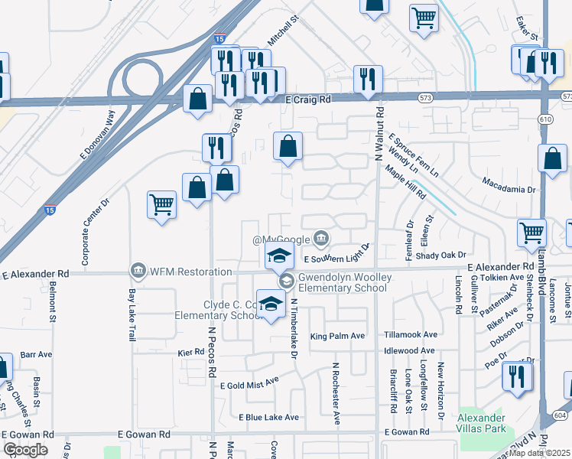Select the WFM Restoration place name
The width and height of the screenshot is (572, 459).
(190, 272)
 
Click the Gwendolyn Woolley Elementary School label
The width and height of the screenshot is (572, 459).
(340, 283)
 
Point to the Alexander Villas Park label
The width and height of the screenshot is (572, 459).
(481, 423)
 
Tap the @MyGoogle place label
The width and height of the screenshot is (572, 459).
(283, 240)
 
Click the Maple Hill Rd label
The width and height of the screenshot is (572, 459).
(405, 182)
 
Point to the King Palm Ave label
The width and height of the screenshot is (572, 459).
(337, 337)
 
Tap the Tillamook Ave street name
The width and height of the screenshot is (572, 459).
(411, 335)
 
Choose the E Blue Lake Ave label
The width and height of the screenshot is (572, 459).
(268, 418)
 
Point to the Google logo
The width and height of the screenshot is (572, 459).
(25, 450)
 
